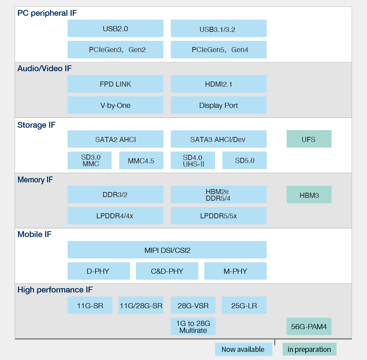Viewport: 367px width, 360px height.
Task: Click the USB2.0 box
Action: [x=115, y=28]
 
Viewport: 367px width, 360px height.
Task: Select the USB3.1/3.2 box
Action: [x=219, y=28]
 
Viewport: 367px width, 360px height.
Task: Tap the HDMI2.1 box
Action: [x=219, y=84]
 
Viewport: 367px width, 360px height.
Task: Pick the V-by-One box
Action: [x=115, y=105]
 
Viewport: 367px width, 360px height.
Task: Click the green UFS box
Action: [x=309, y=139]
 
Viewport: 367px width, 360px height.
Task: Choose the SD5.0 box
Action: [x=244, y=160]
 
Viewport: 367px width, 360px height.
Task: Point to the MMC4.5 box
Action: [x=141, y=160]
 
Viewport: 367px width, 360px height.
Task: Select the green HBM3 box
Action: [x=309, y=194]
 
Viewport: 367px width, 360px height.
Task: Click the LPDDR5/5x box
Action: [x=219, y=215]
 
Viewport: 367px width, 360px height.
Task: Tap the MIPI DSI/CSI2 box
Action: [x=167, y=250]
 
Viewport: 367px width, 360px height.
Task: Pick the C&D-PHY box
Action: [x=167, y=271]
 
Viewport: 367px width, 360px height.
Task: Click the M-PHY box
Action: [x=235, y=271]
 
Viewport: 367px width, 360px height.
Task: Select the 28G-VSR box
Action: [x=193, y=305]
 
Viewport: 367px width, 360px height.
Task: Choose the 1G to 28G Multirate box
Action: [x=193, y=326]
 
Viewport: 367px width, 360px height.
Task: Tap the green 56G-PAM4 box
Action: [x=309, y=326]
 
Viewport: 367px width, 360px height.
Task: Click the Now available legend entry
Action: [x=244, y=349]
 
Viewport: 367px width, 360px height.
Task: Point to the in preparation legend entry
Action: [x=309, y=349]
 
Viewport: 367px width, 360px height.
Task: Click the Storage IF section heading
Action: [x=36, y=125]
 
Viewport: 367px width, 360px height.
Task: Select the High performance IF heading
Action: [x=55, y=290]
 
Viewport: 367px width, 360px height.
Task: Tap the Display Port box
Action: [x=219, y=105]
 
